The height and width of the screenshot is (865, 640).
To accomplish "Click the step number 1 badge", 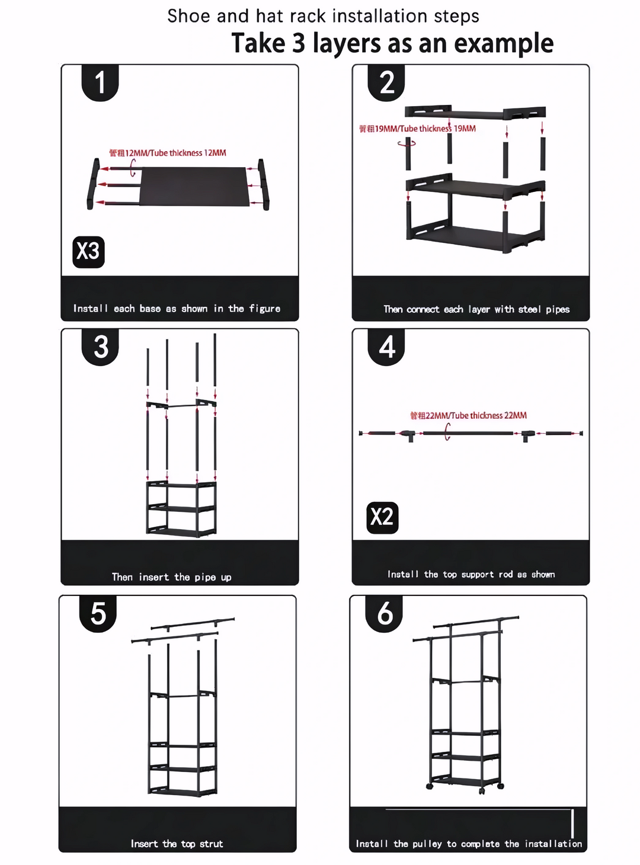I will coord(100,82).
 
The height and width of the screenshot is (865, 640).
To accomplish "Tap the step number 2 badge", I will coord(386,82).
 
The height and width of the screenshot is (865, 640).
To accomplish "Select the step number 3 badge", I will coord(101,347).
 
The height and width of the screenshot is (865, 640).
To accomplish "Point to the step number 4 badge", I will coord(386,347).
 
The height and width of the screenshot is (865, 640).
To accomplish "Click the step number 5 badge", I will coord(98,613).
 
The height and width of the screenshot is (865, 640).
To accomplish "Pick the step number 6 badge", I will coord(385,613).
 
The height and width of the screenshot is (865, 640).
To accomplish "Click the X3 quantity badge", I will coord(88,252).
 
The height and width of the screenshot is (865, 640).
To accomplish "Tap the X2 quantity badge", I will coord(382,517).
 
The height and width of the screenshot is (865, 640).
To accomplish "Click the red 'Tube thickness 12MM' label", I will coord(168,153).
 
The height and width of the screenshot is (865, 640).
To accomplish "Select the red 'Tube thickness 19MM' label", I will coord(417,129).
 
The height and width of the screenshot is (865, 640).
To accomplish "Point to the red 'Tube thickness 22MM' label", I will coord(468,415).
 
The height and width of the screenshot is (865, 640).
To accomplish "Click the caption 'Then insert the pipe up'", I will coord(172,577).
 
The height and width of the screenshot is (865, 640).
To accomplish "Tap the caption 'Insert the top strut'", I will coord(177,844).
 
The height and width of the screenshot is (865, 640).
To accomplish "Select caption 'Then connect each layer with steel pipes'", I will coord(476,309).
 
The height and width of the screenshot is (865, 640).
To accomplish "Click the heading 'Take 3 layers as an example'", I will coord(392,43).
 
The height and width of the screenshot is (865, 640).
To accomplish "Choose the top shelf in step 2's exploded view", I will coord(474,113).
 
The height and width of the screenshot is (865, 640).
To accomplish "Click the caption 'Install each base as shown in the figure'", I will coord(177,309).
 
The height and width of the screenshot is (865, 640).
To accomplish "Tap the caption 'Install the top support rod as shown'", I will coord(471,574).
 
